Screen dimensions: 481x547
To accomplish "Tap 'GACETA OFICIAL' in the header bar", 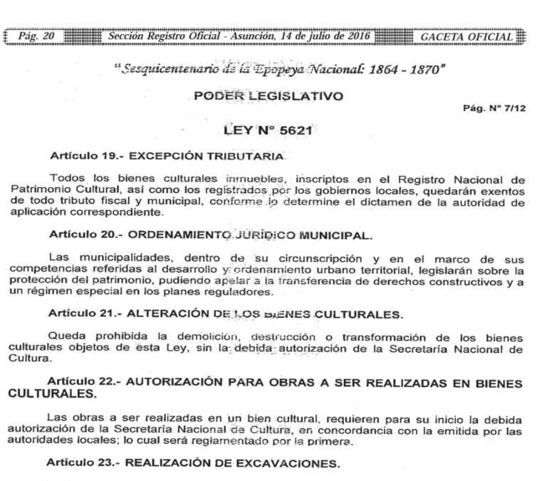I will coord(467,36).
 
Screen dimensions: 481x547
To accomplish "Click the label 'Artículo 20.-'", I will coord(80,234).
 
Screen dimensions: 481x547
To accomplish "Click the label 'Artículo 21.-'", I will coord(80,313).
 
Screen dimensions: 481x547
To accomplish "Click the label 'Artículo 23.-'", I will coord(80,463).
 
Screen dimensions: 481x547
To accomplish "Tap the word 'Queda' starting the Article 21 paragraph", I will coord(66,336).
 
